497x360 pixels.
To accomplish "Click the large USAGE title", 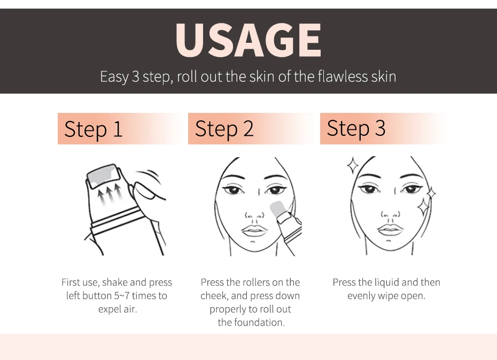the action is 248,40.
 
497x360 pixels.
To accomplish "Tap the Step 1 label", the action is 93,129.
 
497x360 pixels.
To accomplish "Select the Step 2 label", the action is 224,129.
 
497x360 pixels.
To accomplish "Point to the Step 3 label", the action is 356,128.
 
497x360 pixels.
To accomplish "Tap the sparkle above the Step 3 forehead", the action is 353,165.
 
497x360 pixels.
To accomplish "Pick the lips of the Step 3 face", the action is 390,229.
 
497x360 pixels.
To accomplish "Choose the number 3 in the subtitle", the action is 135,76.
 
